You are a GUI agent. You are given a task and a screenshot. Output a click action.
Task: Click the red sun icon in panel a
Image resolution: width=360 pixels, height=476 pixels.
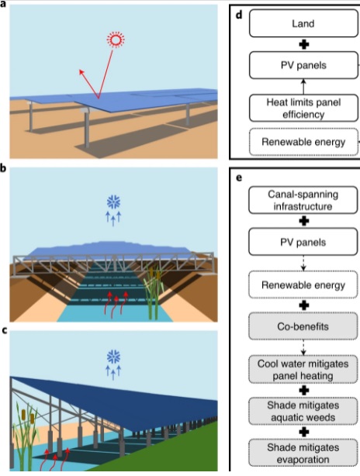(116, 40)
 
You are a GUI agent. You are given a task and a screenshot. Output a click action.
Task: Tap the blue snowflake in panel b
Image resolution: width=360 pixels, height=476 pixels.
(113, 202)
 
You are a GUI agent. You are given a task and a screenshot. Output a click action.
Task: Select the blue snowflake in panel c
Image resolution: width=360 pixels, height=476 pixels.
(113, 357)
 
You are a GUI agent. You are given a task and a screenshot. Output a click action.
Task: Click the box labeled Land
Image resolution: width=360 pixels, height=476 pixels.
(303, 23)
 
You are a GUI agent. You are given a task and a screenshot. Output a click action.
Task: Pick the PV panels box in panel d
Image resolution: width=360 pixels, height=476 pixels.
(303, 65)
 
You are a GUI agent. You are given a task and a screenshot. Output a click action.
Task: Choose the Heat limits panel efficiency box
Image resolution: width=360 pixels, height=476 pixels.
(303, 108)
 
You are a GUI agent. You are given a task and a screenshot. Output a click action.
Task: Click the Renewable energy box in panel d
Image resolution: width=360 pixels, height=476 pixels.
(303, 142)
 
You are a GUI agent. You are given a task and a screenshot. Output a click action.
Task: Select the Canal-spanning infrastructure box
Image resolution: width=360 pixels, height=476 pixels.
(303, 200)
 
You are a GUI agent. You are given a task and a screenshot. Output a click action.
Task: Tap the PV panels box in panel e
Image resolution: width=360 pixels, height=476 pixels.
(303, 242)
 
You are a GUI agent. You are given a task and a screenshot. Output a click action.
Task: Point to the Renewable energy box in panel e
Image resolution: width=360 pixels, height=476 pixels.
(303, 285)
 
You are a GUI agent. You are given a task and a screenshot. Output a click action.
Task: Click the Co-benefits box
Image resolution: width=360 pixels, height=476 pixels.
(303, 326)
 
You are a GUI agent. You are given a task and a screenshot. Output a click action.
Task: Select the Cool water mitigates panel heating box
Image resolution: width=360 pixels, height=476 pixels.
(303, 370)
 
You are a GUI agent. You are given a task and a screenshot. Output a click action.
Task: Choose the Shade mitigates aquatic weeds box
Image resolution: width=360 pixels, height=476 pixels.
(303, 412)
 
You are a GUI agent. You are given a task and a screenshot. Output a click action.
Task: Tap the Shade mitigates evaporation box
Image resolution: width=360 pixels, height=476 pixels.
(303, 453)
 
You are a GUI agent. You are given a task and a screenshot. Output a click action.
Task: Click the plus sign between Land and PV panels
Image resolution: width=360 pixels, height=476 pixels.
(304, 45)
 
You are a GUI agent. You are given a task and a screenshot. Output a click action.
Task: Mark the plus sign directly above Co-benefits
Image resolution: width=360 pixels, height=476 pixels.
(304, 305)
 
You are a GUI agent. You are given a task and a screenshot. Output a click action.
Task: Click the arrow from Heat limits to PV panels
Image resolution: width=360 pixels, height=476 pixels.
(303, 87)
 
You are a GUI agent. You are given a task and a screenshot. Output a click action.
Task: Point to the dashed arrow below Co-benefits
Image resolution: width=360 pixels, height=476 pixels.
(303, 347)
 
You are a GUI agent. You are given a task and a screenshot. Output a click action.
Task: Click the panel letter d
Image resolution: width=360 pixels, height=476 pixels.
(239, 16)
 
